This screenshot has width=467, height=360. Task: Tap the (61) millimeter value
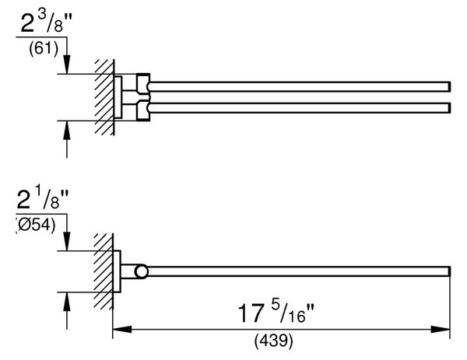pyautogui.click(x=44, y=48)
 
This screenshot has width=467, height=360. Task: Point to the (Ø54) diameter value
pyautogui.click(x=36, y=225)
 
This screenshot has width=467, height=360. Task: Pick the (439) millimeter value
pyautogui.click(x=273, y=341)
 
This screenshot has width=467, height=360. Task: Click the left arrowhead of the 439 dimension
pyautogui.click(x=122, y=330)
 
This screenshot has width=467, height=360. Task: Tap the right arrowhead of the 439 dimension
pyautogui.click(x=441, y=330)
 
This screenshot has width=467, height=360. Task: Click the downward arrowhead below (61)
pyautogui.click(x=67, y=64)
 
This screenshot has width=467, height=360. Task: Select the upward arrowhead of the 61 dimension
pyautogui.click(x=67, y=131)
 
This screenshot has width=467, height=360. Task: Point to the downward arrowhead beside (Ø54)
pyautogui.click(x=67, y=241)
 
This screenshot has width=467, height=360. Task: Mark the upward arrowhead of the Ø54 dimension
pyautogui.click(x=67, y=302)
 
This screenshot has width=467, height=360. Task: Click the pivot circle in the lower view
pyautogui.click(x=141, y=271)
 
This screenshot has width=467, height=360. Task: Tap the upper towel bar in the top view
pyautogui.click(x=300, y=86)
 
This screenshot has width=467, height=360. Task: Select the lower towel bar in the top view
pyautogui.click(x=300, y=108)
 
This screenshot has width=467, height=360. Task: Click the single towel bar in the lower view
pyautogui.click(x=298, y=271)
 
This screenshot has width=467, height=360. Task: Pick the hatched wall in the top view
pyautogui.click(x=105, y=97)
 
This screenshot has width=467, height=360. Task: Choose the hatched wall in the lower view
pyautogui.click(x=104, y=271)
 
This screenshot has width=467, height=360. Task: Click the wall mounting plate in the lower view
pyautogui.click(x=117, y=271)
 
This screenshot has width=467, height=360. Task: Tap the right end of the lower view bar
pyautogui.click(x=450, y=271)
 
